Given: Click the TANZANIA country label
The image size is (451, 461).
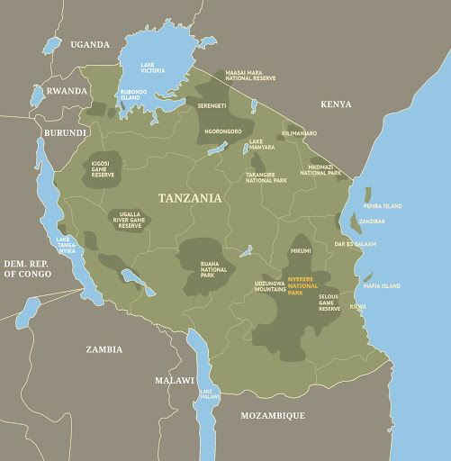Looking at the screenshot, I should point(189,198).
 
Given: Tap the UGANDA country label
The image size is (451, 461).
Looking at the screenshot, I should point(90,44).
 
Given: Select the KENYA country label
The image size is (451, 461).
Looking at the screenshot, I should point(336,104).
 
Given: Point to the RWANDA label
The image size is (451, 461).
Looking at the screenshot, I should point(68,91).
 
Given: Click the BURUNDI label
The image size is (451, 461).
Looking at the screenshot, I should point(65,132).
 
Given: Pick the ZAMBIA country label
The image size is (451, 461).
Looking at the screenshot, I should point(104,349).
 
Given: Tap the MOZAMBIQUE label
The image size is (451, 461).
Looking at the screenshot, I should point(272,415).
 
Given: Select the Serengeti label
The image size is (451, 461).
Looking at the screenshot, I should point(213,106).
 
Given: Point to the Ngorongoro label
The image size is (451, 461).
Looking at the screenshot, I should point(223,131).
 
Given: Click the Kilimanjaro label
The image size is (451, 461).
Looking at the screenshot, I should point(299,133).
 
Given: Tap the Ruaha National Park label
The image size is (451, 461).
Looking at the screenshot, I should point(214,268).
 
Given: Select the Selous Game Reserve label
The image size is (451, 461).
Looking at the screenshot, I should point(329,303).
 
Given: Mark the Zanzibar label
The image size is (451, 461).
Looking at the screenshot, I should point(373,221).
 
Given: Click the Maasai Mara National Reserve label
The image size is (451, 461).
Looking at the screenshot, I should point(250,75).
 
